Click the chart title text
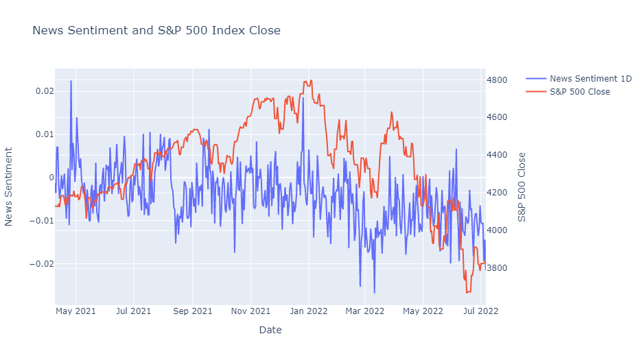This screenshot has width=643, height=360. click(x=156, y=30)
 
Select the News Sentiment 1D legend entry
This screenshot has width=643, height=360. click(x=578, y=79)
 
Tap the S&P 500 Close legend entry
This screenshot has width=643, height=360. click(x=568, y=92)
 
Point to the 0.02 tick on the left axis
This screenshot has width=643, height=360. click(x=45, y=91)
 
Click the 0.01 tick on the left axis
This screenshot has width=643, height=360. click(x=45, y=134)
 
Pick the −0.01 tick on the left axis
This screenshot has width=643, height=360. click(x=41, y=221)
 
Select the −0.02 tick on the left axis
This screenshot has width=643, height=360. click(x=41, y=264)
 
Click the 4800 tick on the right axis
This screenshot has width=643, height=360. click(x=497, y=80)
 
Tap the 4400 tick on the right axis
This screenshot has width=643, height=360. click(x=497, y=155)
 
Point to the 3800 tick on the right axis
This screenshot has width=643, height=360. click(x=497, y=268)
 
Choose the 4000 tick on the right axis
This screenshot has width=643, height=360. click(x=497, y=230)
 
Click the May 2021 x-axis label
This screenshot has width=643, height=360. click(x=75, y=311)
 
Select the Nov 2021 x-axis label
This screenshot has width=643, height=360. click(x=250, y=311)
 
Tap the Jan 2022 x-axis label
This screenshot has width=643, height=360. click(x=308, y=311)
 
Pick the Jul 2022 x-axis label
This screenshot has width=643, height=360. click(x=480, y=311)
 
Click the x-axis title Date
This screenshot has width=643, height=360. click(x=270, y=330)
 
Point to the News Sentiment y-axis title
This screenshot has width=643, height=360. click(x=9, y=187)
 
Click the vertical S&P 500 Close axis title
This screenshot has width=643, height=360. click(x=522, y=187)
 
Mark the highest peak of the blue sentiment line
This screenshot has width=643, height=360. click(x=71, y=81)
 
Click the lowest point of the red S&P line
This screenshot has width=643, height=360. click(x=467, y=292)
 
